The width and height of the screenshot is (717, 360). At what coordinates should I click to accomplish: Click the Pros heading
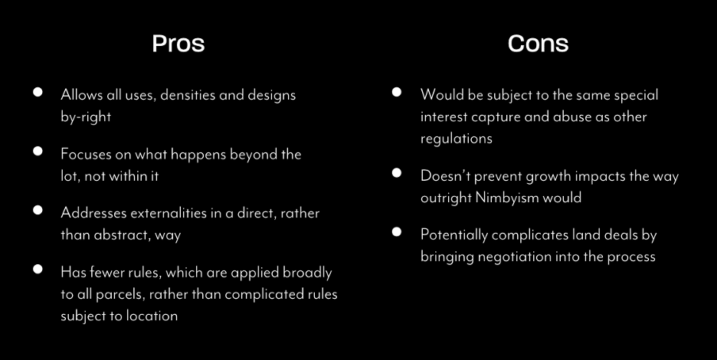[178, 44]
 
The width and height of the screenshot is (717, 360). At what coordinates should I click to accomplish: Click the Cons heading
[538, 44]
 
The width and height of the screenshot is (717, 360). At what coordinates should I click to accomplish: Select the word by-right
[86, 117]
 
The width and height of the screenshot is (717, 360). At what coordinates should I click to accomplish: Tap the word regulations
[457, 139]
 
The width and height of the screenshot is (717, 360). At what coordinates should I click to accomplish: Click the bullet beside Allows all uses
[38, 92]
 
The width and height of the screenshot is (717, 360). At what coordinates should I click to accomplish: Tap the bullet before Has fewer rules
[38, 269]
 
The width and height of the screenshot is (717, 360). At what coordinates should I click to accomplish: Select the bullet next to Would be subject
[397, 92]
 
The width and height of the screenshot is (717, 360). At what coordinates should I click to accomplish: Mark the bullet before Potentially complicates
[397, 232]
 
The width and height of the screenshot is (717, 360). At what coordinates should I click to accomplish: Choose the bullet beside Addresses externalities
[38, 210]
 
